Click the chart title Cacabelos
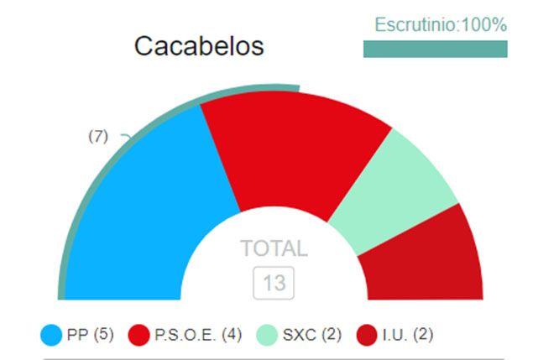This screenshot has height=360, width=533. point(199,46)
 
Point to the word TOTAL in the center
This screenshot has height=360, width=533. point(274,248)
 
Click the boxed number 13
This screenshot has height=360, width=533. point(274,283)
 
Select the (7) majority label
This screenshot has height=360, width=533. point(98,136)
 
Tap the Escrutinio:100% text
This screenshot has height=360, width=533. point(440,25)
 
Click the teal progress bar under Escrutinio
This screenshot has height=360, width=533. point(435,49)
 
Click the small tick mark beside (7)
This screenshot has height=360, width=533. point(125,136)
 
